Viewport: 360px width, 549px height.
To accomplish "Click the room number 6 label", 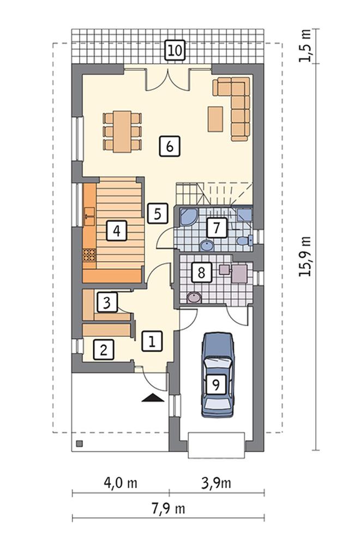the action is [170, 146].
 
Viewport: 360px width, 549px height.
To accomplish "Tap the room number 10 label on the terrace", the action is [175, 50].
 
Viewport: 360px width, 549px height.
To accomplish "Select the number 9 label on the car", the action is [215, 385].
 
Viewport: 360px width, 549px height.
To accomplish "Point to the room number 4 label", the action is [117, 231].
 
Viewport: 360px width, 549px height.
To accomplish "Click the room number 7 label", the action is [217, 228].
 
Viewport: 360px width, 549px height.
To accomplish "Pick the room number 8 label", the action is [201, 272].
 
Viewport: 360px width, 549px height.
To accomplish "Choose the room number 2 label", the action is [104, 349].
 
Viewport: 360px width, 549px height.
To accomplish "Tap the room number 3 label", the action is [107, 302].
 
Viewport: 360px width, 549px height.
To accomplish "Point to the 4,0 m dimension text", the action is [121, 483].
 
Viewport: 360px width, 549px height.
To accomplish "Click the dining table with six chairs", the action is [122, 131].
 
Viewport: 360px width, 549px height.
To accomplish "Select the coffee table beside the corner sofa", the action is [215, 119].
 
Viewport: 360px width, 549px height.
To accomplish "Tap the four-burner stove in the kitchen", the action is [89, 255].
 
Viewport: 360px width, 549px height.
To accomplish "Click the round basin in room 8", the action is [194, 298].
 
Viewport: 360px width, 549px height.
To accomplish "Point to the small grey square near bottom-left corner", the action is [80, 444].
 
